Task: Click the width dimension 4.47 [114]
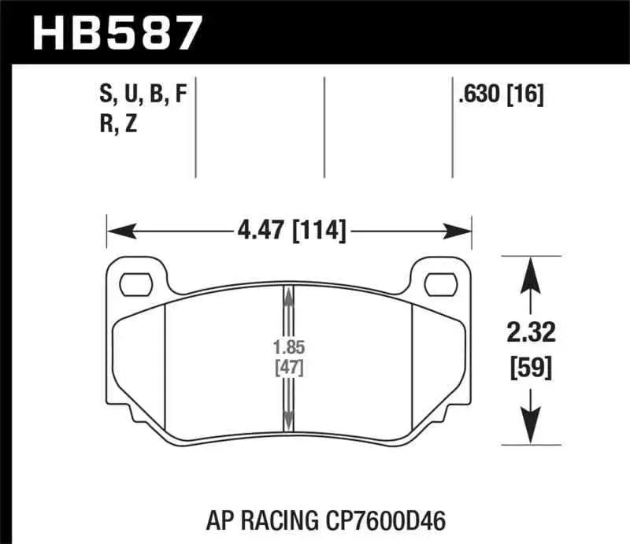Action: (289, 231)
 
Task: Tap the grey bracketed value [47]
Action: (290, 366)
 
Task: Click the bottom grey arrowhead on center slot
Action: (289, 420)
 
